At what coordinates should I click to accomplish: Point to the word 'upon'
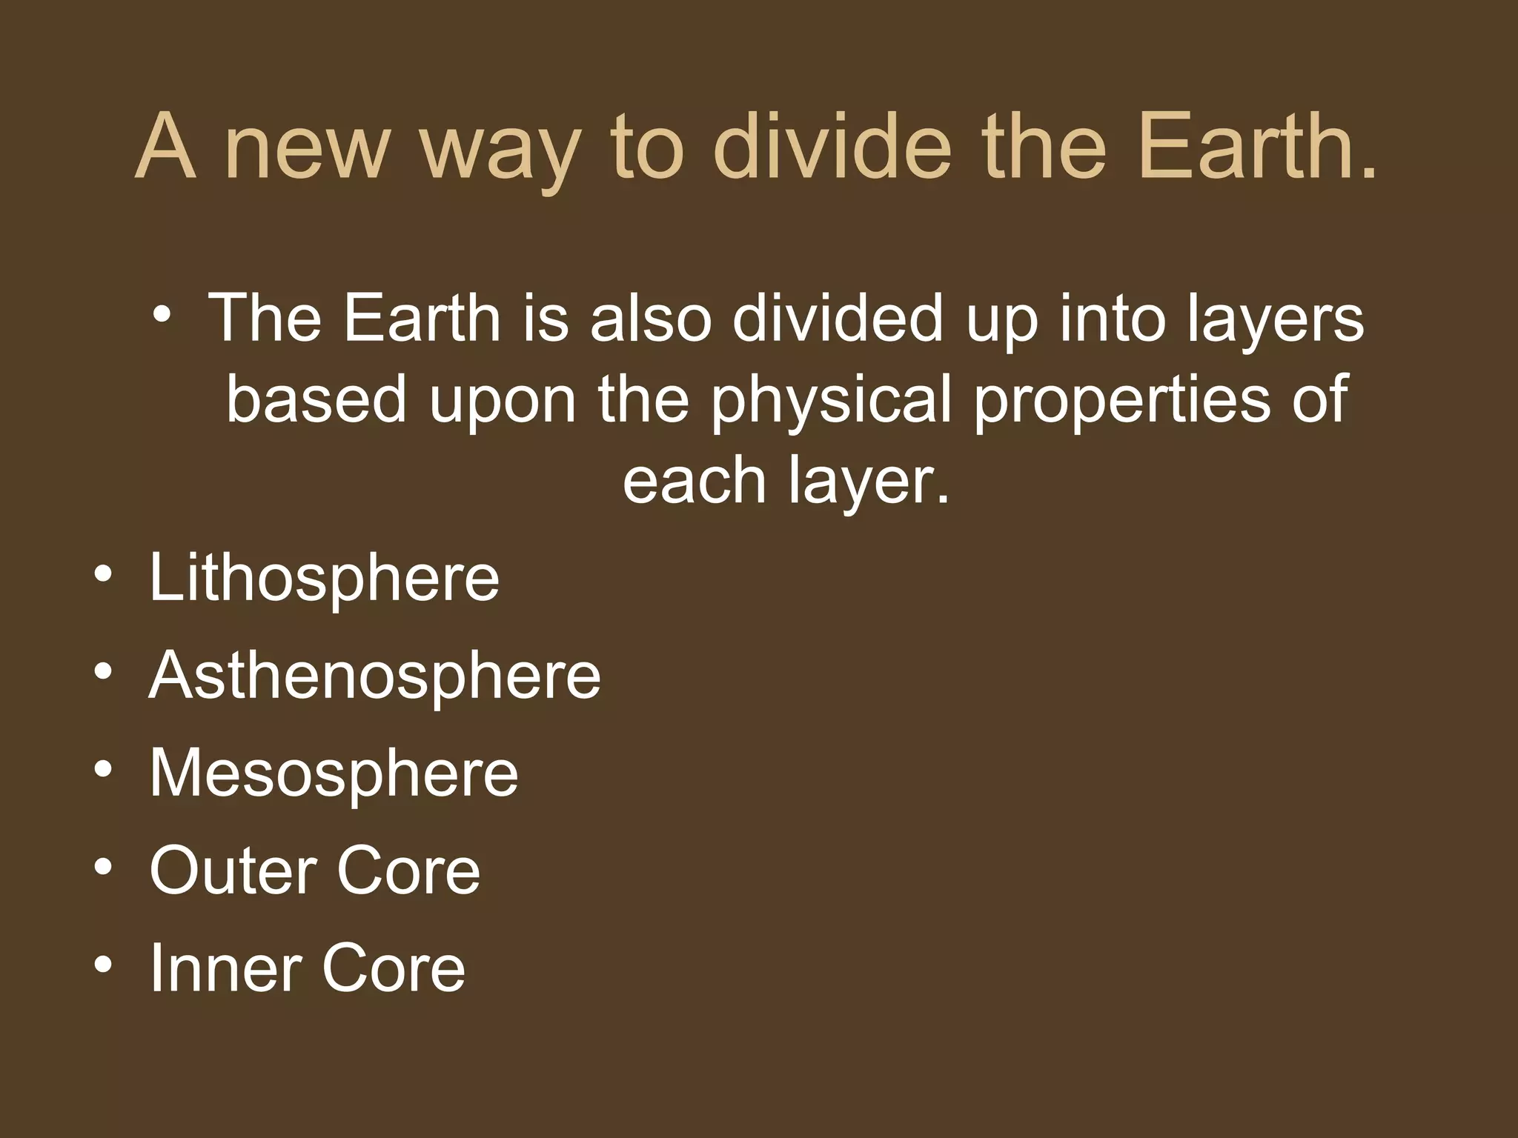[503, 404]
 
